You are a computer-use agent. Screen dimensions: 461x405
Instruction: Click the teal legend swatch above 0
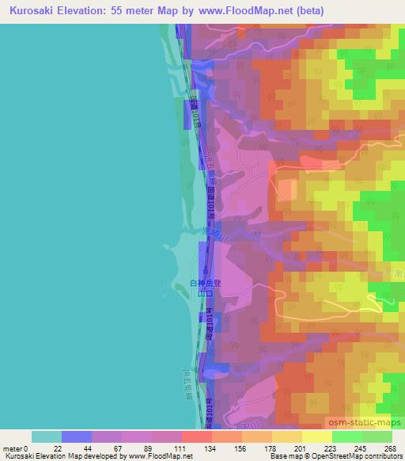point(46,436)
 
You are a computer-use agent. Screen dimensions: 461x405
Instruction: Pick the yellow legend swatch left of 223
point(316,436)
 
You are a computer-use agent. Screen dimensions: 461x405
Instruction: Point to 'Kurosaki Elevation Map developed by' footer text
point(64,456)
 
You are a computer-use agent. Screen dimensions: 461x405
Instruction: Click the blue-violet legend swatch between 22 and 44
point(76,436)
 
